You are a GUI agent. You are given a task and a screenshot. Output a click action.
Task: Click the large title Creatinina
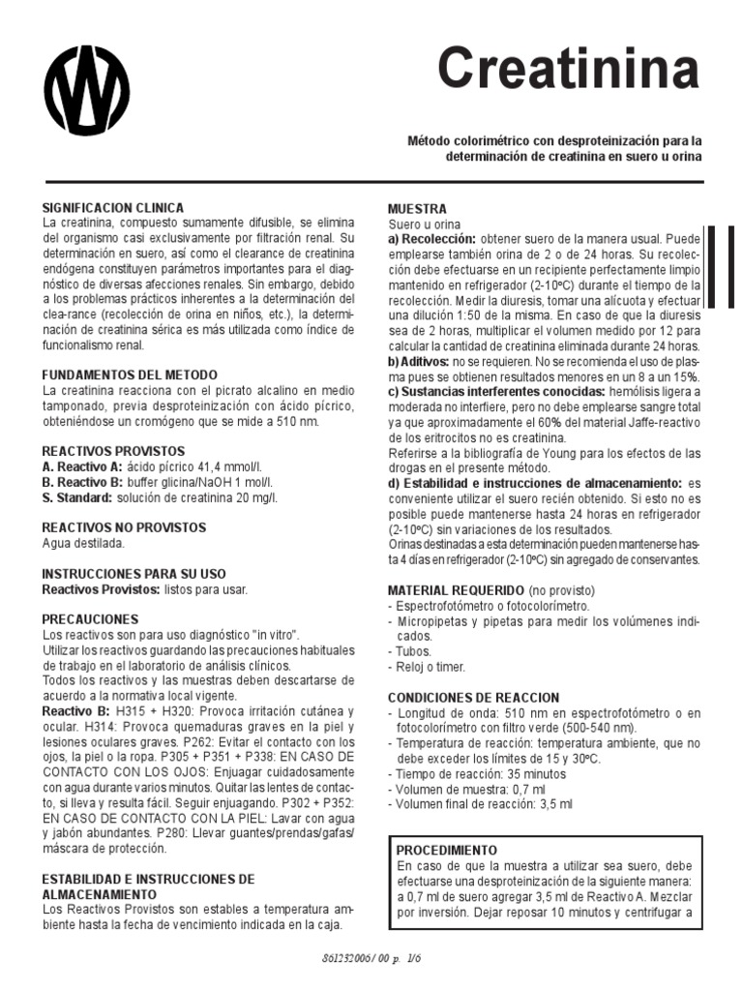click(567, 70)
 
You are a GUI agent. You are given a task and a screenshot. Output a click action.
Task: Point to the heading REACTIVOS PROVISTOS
click(114, 452)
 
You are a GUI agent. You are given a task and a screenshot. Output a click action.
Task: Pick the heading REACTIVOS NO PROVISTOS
click(125, 527)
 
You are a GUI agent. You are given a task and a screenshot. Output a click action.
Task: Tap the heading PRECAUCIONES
click(91, 619)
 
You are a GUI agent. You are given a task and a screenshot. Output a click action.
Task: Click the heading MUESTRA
click(417, 209)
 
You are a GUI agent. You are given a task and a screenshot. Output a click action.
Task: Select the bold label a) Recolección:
click(431, 239)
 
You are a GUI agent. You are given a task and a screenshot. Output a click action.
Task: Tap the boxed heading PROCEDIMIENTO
click(447, 849)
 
